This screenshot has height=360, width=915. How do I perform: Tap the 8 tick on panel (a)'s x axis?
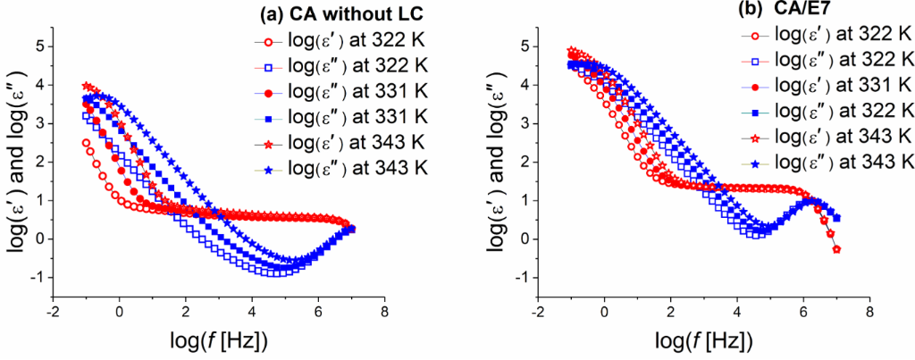(x=384, y=314)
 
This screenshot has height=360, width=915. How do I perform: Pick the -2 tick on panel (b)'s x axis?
(x=538, y=314)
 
